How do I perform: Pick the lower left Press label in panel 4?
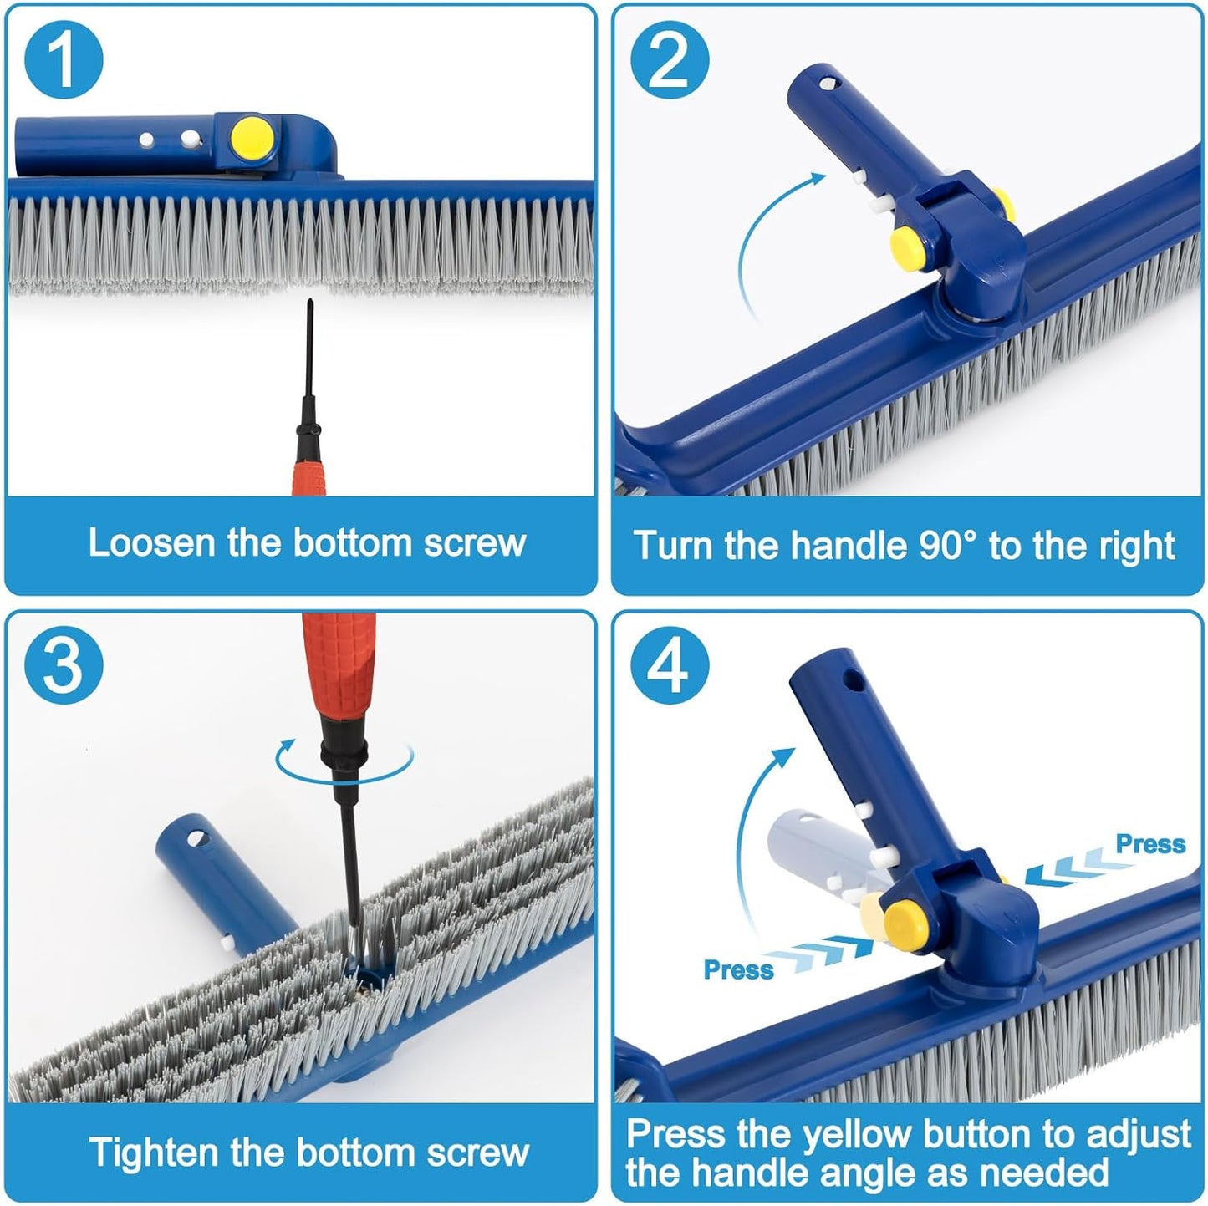pos(739,969)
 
